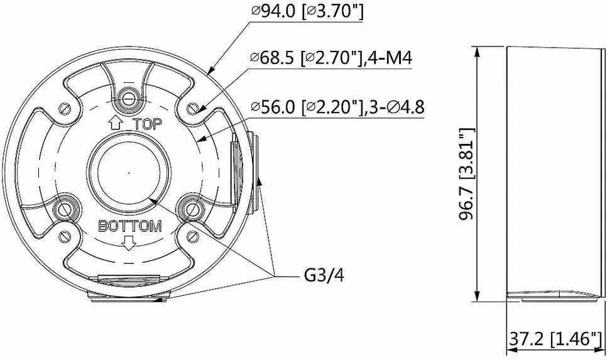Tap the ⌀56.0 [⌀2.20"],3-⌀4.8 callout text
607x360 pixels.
click(337, 106)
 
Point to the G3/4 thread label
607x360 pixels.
click(324, 276)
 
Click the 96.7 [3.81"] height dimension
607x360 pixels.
click(466, 174)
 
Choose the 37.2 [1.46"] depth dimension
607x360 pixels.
click(555, 339)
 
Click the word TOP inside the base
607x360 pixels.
click(148, 124)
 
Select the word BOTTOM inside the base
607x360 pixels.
click(130, 226)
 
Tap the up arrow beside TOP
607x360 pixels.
click(116, 123)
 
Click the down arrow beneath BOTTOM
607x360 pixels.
click(129, 243)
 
